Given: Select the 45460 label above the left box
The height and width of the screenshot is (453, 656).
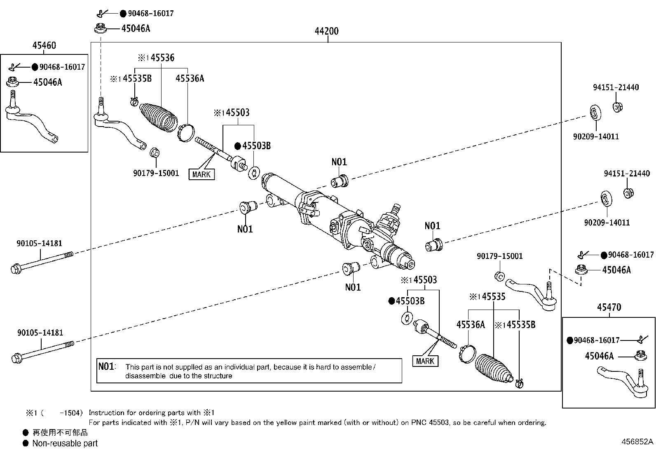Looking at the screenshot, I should (x=44, y=45).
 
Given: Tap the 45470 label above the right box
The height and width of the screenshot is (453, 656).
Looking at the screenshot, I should (x=609, y=307).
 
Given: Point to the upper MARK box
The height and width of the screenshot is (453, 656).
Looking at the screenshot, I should (x=201, y=174).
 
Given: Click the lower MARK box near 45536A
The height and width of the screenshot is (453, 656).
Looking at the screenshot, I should (x=425, y=361).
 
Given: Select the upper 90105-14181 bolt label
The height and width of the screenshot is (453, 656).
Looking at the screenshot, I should (x=39, y=244).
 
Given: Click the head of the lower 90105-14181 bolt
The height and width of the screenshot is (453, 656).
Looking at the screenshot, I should (x=16, y=357).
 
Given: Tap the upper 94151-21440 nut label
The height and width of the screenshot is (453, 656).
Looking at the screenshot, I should (x=616, y=87).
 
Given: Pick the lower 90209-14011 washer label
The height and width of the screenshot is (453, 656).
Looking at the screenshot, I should (x=607, y=223).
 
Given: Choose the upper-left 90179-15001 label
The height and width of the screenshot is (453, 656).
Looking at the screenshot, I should (x=156, y=173).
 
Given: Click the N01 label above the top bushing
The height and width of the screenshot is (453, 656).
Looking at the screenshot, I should (x=339, y=162).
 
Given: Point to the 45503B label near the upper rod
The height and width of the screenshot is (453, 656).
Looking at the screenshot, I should (x=256, y=146).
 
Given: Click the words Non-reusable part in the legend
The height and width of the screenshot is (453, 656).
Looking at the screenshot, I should (x=65, y=444).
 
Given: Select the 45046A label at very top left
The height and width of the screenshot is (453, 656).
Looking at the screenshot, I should (x=136, y=28).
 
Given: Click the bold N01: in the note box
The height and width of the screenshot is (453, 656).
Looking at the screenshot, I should (x=107, y=366).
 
